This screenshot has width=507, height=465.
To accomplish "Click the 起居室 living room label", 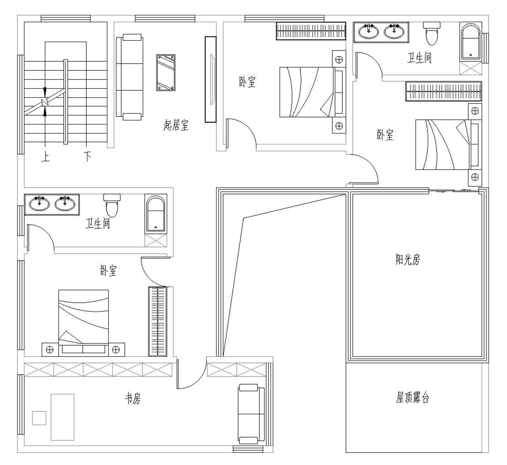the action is pos(176,125).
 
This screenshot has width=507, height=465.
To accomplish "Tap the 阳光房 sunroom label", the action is pos(408,259).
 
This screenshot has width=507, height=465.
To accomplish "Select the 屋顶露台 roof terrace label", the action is pos(412,397).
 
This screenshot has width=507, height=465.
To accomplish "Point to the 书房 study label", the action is pos(133,398).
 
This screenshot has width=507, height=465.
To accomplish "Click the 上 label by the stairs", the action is pos(46,157).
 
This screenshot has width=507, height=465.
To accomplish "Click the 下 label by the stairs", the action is pos(88,157).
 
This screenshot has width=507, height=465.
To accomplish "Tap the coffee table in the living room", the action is pos(166,73).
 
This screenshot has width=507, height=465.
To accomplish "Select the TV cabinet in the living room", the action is pos(211,80).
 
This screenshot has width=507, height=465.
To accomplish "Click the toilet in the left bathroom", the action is pos(112,205).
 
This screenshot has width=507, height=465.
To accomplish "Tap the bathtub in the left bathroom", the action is pos(156,214).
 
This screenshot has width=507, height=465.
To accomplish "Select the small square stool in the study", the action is pos(39,418).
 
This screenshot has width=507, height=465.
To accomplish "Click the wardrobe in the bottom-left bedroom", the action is pos(158,321).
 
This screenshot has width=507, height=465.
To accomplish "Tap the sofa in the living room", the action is pos(130,77).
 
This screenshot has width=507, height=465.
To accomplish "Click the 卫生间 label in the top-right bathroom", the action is pos(419,58).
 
